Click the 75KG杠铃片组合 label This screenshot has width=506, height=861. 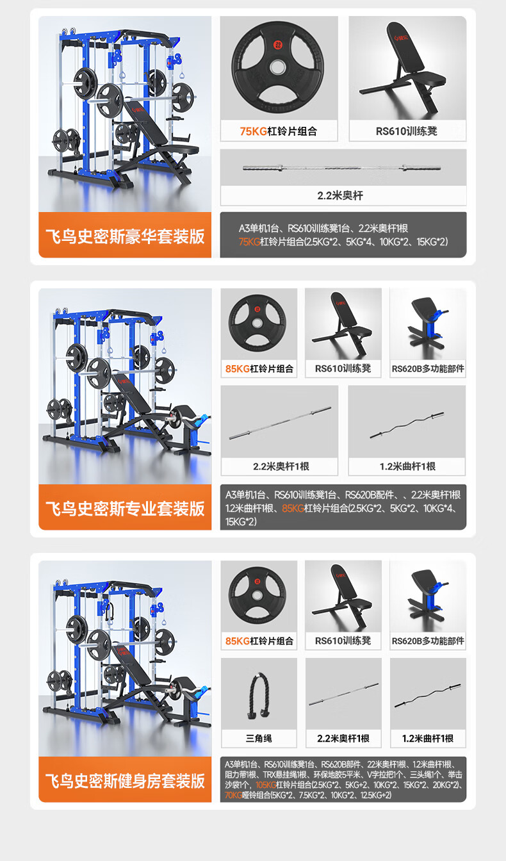pyautogui.click(x=279, y=131)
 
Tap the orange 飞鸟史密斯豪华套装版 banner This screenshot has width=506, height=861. pyautogui.click(x=125, y=235)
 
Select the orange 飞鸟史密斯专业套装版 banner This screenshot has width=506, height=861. pyautogui.click(x=125, y=507)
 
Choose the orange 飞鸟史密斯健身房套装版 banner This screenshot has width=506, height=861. pyautogui.click(x=125, y=780)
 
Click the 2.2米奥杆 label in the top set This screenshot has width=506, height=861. pyautogui.click(x=340, y=195)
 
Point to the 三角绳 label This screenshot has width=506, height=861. pyautogui.click(x=259, y=739)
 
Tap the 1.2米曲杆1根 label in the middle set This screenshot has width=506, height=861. pyautogui.click(x=407, y=466)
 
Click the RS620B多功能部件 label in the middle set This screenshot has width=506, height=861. pyautogui.click(x=428, y=368)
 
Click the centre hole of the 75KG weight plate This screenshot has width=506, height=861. pyautogui.click(x=277, y=67)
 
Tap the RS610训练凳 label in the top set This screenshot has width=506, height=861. pyautogui.click(x=407, y=131)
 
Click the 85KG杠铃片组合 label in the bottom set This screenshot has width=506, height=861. pyautogui.click(x=259, y=641)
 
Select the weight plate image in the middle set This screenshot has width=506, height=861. pyautogui.click(x=257, y=323)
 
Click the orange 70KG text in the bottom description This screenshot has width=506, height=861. pyautogui.click(x=233, y=795)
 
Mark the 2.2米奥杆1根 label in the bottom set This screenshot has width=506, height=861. pyautogui.click(x=343, y=739)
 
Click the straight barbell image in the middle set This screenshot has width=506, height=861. pyautogui.click(x=280, y=423)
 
